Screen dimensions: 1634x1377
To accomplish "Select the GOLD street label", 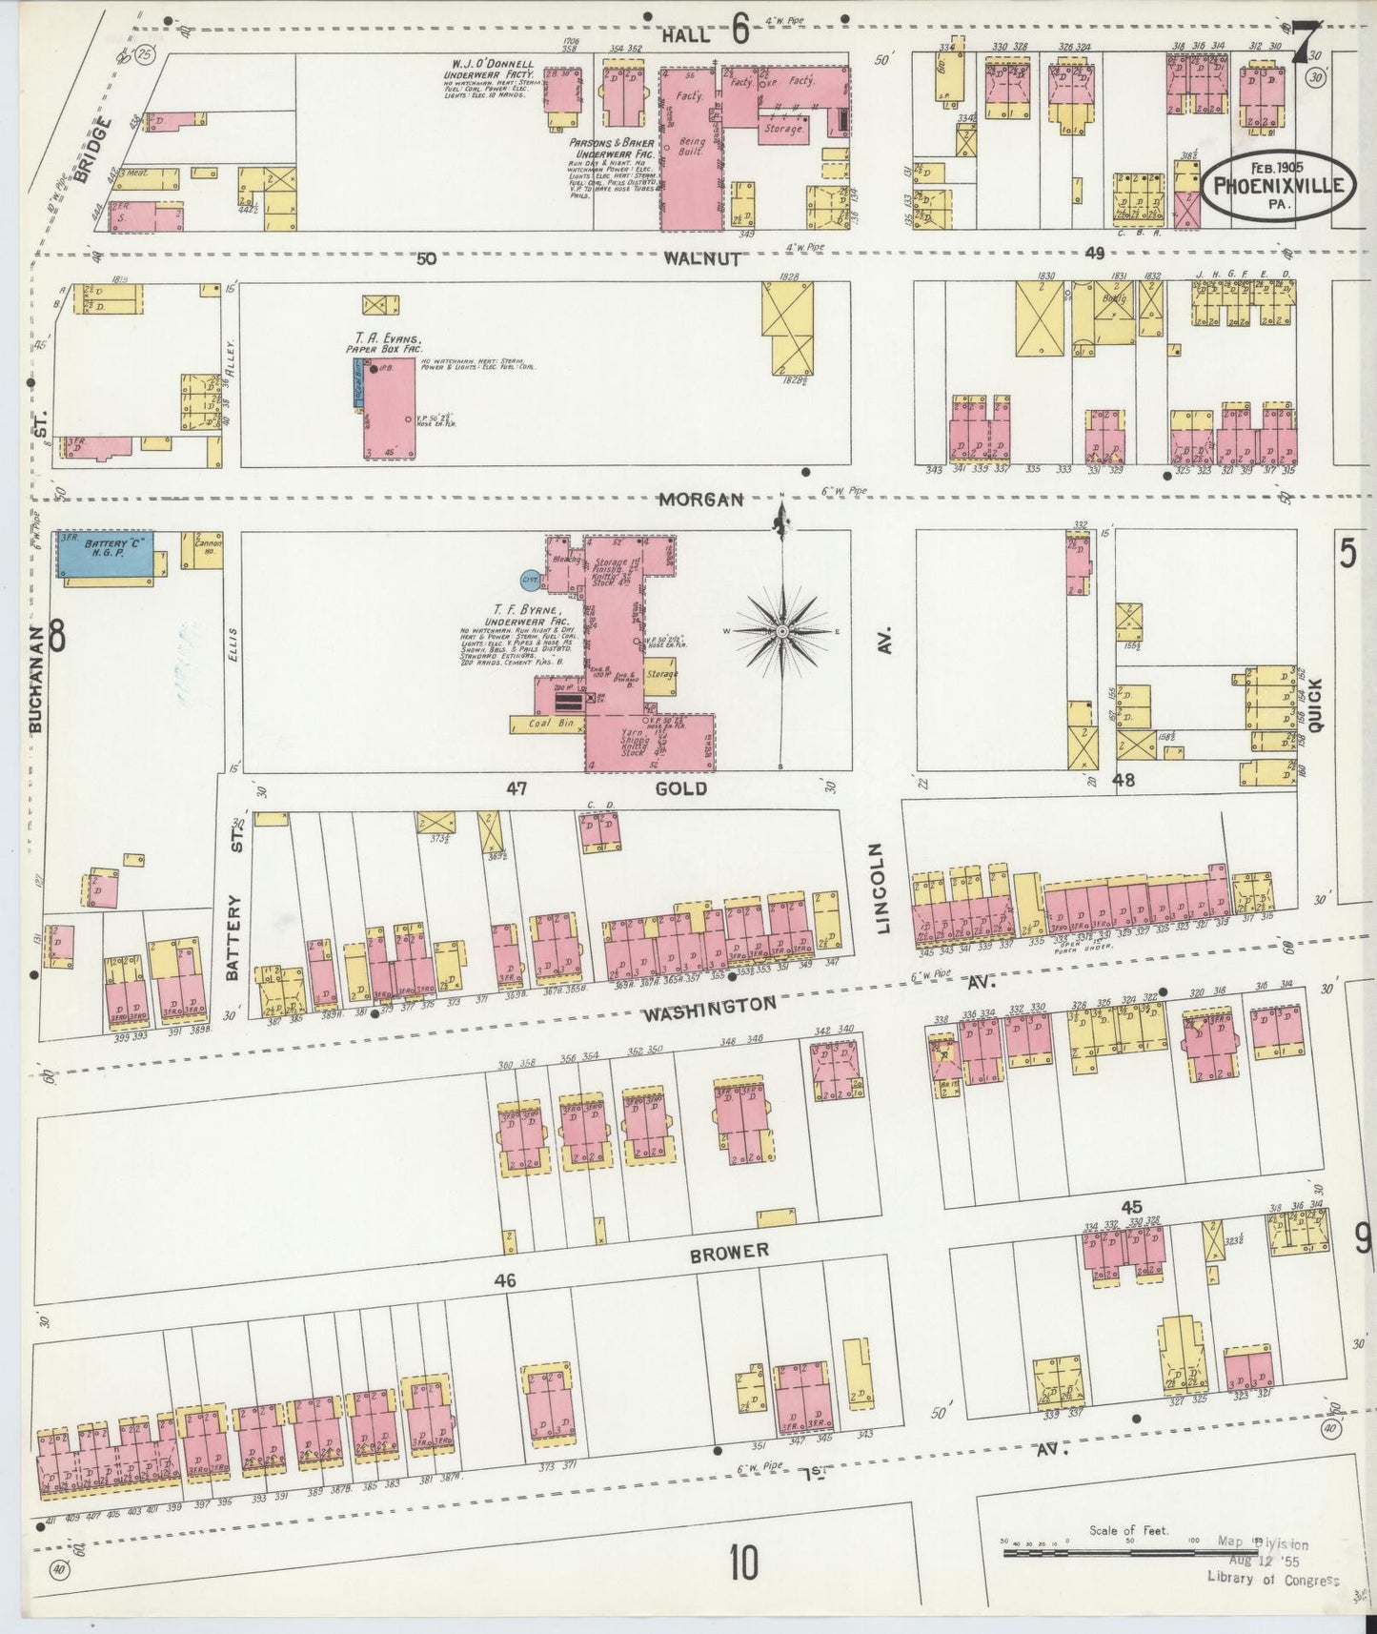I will coord(681,788).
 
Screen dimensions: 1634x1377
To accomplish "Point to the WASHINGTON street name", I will coord(709,1008).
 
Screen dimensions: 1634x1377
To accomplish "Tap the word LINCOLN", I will coord(882,888).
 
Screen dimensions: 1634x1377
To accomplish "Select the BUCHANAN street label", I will coord(35,679).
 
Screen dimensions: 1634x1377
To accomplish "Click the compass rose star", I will coord(781,631).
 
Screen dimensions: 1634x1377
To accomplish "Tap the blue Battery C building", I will coord(105,554).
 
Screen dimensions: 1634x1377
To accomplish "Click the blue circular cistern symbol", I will coord(530,579).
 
